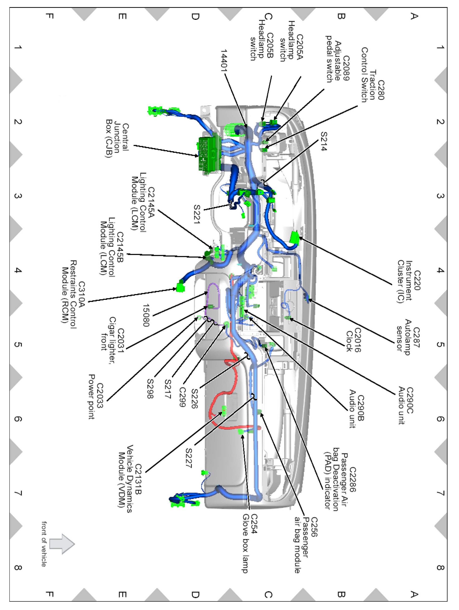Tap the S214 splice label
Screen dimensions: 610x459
[x=324, y=141]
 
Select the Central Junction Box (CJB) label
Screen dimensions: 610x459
[x=117, y=140]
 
